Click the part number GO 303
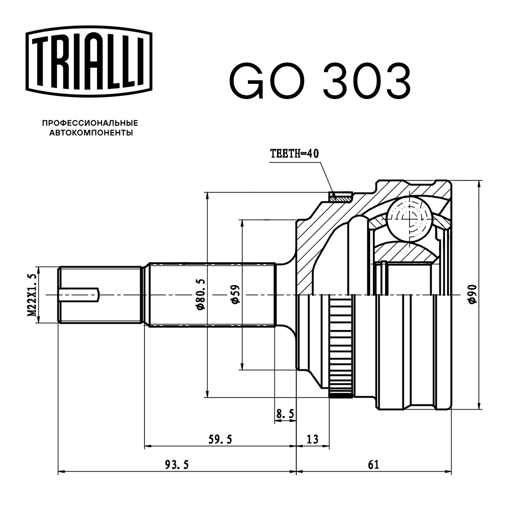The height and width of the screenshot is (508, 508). point(320,81)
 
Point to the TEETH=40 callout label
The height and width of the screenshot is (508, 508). point(295,154)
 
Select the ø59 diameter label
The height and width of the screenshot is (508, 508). point(234,295)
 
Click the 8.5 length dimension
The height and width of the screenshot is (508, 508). point(285,415)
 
